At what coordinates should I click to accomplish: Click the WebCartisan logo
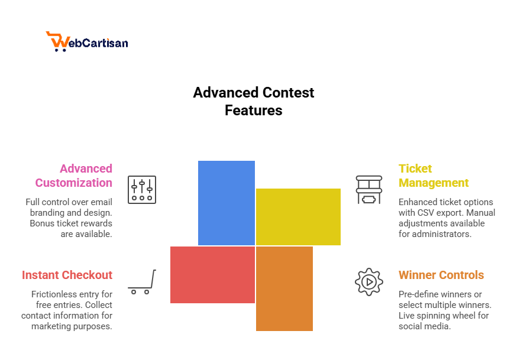click(87, 41)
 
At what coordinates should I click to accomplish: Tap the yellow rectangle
click(298, 216)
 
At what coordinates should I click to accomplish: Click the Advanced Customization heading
click(74, 176)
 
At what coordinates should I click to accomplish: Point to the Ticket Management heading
click(433, 176)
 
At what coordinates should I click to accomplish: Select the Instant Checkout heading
click(67, 275)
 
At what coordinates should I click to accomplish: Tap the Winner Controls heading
click(441, 275)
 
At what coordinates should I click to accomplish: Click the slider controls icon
click(142, 190)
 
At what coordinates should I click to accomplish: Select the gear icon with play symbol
click(368, 282)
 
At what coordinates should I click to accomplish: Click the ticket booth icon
click(368, 190)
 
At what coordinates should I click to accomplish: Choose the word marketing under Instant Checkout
click(52, 326)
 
